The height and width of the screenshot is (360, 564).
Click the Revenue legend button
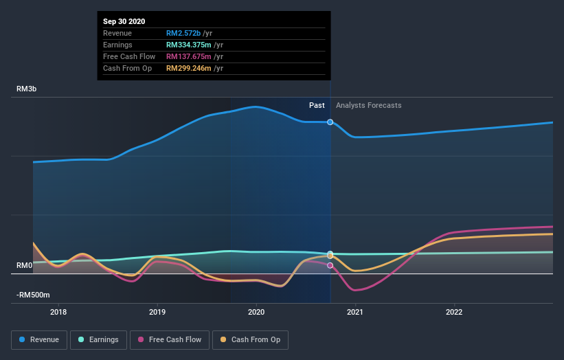click(x=40, y=339)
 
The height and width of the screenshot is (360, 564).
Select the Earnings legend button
click(x=99, y=339)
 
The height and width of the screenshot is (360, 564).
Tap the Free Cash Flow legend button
click(x=169, y=339)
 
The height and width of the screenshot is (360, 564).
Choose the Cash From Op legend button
click(x=251, y=339)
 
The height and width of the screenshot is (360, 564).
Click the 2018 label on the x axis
click(x=59, y=311)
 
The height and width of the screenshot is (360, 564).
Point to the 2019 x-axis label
click(x=158, y=311)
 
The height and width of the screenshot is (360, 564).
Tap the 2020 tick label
click(x=257, y=311)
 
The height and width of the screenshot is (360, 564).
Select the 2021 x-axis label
click(x=355, y=311)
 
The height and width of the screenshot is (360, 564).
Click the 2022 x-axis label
click(x=454, y=311)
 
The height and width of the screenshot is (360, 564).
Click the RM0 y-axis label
click(x=25, y=265)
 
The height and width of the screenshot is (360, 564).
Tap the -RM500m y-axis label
click(x=34, y=295)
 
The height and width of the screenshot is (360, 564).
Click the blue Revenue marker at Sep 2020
click(x=330, y=122)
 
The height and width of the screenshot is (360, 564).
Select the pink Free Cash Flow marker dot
click(x=330, y=265)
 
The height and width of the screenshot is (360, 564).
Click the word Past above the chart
click(x=317, y=105)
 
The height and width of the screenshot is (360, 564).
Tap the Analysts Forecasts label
click(x=369, y=105)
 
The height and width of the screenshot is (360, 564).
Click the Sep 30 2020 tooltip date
click(x=124, y=21)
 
